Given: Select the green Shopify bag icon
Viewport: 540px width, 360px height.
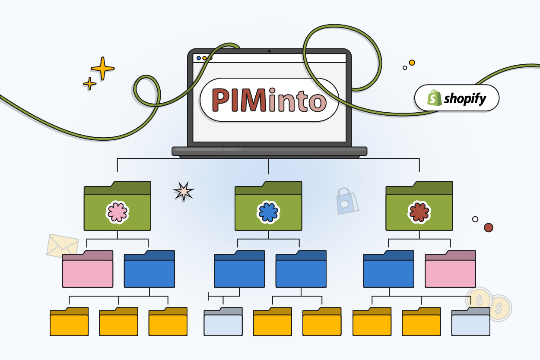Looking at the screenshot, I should (435, 98).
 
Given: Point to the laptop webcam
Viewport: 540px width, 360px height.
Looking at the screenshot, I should (269, 51).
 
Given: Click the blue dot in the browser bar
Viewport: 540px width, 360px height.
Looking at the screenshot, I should (199, 58).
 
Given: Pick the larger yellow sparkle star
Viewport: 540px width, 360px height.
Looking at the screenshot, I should (103, 68).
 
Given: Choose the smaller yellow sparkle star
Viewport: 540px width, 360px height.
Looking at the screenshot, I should (90, 83).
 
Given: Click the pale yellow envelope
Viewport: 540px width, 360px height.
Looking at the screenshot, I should (62, 246).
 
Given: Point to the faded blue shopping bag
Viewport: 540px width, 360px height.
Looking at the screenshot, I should (347, 201).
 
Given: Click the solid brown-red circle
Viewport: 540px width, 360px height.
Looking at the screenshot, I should (489, 227).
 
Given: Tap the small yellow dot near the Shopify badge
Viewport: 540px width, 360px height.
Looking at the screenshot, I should (412, 63).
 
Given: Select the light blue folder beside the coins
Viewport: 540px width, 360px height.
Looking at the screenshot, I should (471, 323).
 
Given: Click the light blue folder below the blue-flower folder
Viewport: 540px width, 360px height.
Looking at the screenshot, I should (223, 323).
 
